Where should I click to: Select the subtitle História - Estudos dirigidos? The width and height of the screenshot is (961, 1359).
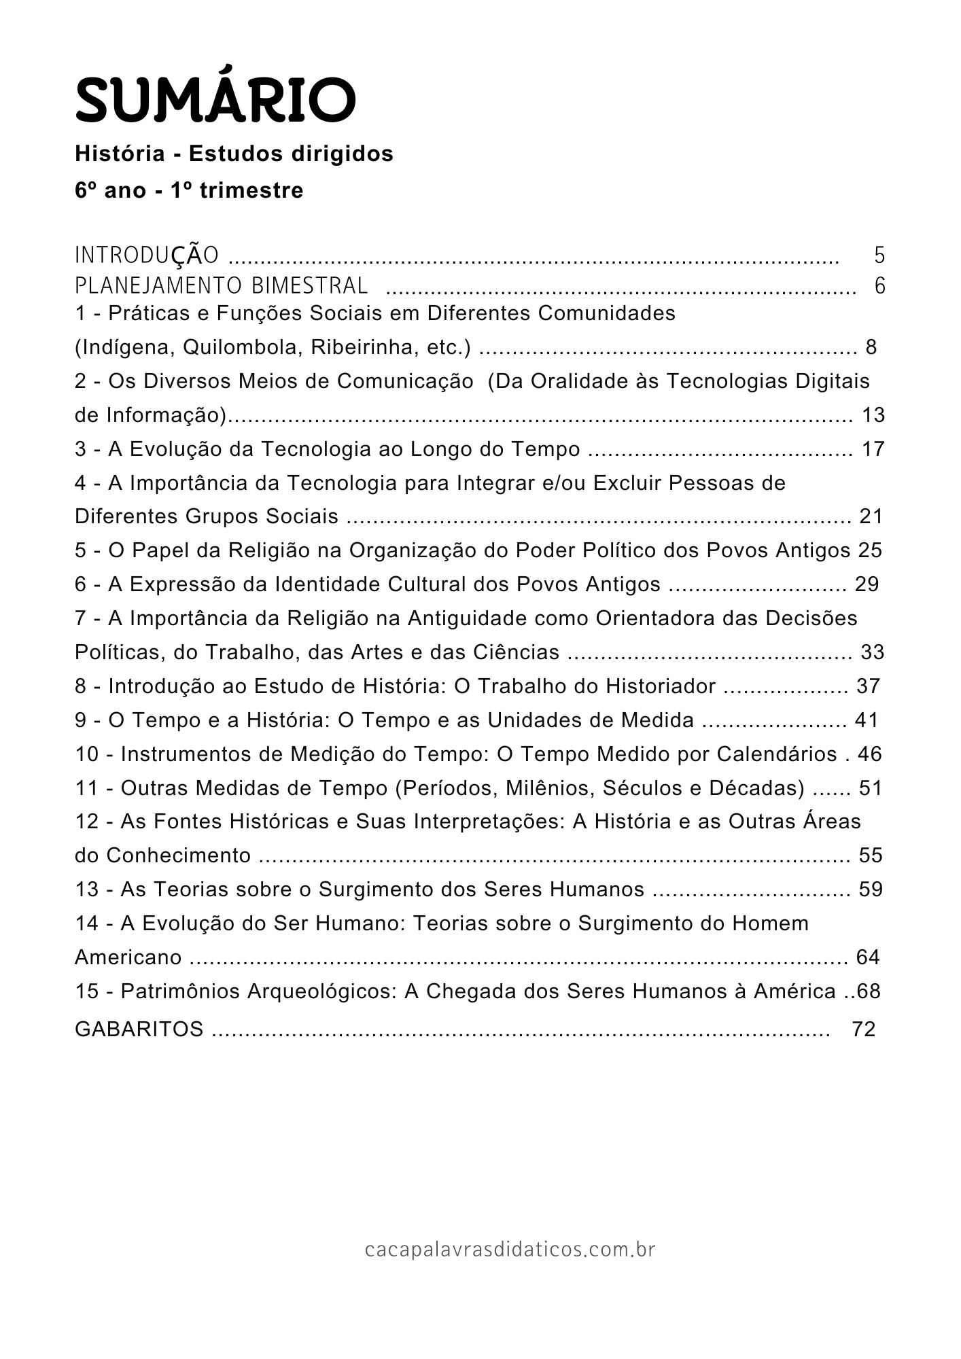[234, 154]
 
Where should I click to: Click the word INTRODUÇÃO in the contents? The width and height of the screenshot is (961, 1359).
[147, 255]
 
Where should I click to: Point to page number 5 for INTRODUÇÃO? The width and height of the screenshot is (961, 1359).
[879, 255]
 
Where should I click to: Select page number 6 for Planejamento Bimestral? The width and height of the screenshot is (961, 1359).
[879, 286]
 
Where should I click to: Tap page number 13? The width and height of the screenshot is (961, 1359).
[873, 414]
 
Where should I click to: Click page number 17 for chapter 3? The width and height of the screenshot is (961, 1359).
[873, 448]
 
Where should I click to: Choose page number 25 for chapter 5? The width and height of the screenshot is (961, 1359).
[869, 550]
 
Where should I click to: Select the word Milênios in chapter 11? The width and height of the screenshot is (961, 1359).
[601, 788]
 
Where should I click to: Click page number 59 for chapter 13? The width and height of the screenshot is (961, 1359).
[871, 889]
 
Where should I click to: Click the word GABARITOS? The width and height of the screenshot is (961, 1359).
[139, 1029]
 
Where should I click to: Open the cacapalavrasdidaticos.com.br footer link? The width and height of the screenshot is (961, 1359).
[510, 1249]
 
